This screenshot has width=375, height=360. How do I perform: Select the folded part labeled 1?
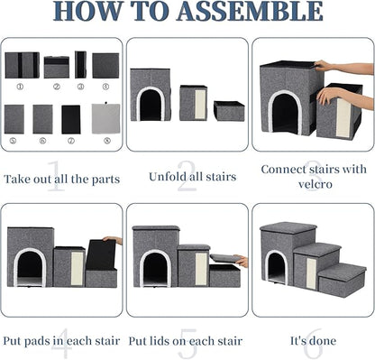22,65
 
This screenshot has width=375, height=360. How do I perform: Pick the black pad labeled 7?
71,118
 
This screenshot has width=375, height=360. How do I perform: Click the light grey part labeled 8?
105,118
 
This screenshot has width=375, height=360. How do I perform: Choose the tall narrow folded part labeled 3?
80,64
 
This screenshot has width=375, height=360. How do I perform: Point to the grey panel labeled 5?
14,118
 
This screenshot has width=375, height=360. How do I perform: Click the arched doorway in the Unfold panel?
151,105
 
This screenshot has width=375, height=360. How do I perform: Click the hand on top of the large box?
324,66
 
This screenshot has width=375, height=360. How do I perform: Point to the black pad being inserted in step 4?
101,254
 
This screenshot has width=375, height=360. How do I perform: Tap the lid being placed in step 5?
224,259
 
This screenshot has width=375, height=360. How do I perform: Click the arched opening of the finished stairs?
276,268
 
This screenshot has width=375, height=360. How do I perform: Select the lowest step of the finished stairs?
341,282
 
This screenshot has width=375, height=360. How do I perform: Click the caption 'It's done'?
313,341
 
